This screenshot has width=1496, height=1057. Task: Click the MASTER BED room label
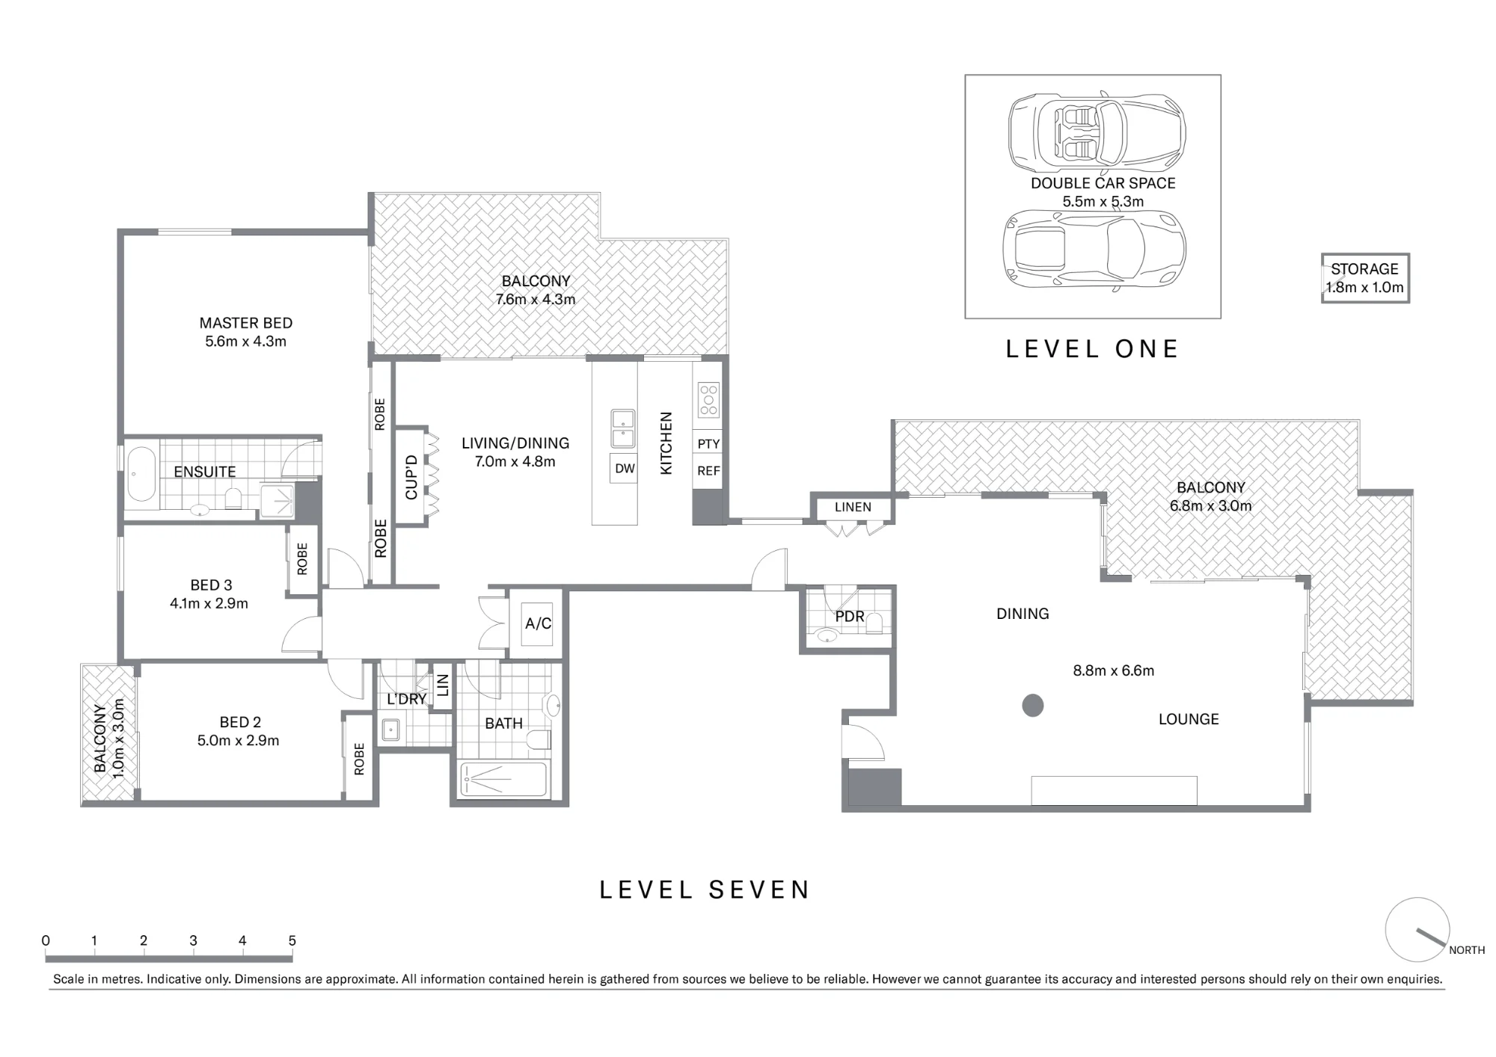(x=246, y=323)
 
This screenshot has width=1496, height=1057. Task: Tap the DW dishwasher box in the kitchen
(x=625, y=469)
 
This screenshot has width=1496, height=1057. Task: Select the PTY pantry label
(x=708, y=444)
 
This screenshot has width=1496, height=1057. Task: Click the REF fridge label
(x=708, y=471)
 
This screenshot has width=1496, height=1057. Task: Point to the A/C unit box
(x=538, y=623)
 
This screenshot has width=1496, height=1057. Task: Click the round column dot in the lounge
(x=1033, y=706)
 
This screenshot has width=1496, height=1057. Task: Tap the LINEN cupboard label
(x=853, y=507)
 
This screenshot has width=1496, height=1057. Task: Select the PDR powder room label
(x=850, y=617)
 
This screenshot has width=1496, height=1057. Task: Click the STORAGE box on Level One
(x=1365, y=278)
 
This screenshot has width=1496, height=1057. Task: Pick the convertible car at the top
(x=1097, y=132)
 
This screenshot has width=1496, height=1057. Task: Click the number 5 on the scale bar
(x=292, y=940)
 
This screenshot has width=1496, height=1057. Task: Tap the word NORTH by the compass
(x=1467, y=950)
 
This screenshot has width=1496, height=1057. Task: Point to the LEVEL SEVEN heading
(x=705, y=890)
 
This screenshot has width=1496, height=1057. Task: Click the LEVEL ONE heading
(x=1092, y=349)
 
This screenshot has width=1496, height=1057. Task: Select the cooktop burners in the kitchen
(x=708, y=400)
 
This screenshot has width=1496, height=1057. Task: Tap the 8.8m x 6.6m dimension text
(x=1114, y=671)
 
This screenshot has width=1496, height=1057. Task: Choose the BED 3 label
(x=211, y=585)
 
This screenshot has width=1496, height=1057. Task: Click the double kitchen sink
(x=623, y=428)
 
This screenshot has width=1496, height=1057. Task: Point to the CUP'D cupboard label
(x=411, y=477)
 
